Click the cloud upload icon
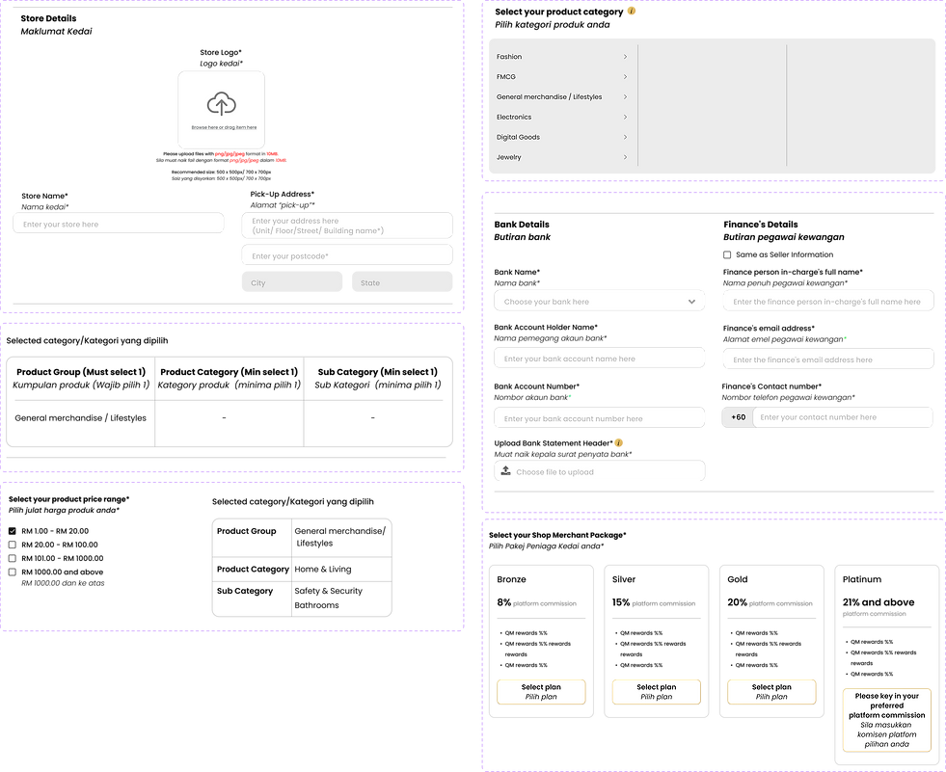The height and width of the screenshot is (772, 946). point(221,104)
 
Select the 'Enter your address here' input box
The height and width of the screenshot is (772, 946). point(346,226)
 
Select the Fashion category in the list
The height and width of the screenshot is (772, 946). point(509,57)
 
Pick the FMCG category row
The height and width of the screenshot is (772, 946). point(506,77)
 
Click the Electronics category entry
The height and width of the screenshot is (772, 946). point(514,118)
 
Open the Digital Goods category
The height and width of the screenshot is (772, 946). point(518,138)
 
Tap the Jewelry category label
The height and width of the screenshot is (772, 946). point(509,157)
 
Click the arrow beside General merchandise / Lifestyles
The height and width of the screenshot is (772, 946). point(625,97)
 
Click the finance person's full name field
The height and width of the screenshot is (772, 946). point(827,302)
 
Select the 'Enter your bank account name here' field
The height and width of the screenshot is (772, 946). point(599,359)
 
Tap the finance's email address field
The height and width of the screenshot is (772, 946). point(827,359)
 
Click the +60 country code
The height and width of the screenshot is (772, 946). point(738,417)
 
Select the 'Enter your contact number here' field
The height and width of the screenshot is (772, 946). point(842,417)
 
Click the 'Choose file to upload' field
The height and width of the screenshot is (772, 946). point(599,471)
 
